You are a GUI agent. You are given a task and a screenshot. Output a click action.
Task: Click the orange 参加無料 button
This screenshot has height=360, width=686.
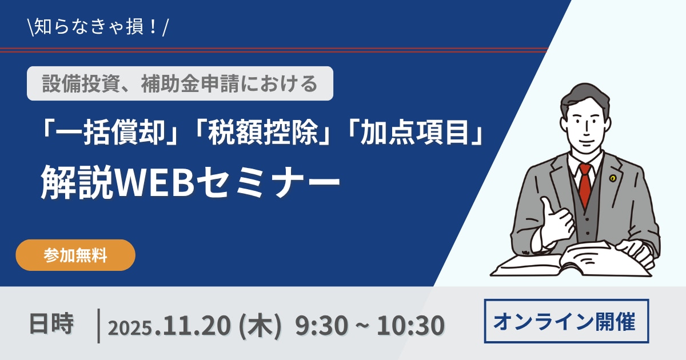75,255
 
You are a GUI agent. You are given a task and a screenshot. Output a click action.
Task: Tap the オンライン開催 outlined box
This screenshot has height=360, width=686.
567,321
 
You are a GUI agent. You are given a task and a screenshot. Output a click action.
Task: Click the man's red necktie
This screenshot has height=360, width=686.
585,185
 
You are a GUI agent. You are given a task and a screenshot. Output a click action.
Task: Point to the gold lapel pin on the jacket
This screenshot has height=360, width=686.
612,178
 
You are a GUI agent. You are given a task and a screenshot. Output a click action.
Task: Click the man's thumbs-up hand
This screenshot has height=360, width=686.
556,221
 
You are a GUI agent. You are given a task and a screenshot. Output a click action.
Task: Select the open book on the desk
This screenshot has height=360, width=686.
572,260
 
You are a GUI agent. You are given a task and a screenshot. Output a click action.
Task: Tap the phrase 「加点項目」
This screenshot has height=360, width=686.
415,132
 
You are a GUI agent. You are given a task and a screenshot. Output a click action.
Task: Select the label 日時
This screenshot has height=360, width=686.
51,323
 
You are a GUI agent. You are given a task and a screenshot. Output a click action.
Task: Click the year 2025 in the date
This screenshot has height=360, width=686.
130,327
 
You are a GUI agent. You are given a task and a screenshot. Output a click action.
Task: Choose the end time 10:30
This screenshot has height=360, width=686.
410,325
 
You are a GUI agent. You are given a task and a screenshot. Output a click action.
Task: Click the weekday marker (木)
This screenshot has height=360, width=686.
260,325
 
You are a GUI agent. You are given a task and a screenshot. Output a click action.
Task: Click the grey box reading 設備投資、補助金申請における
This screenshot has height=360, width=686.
180,83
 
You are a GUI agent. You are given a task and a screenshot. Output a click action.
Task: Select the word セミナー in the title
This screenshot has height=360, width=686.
268,182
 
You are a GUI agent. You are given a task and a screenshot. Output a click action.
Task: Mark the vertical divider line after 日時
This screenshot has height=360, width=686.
98,326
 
